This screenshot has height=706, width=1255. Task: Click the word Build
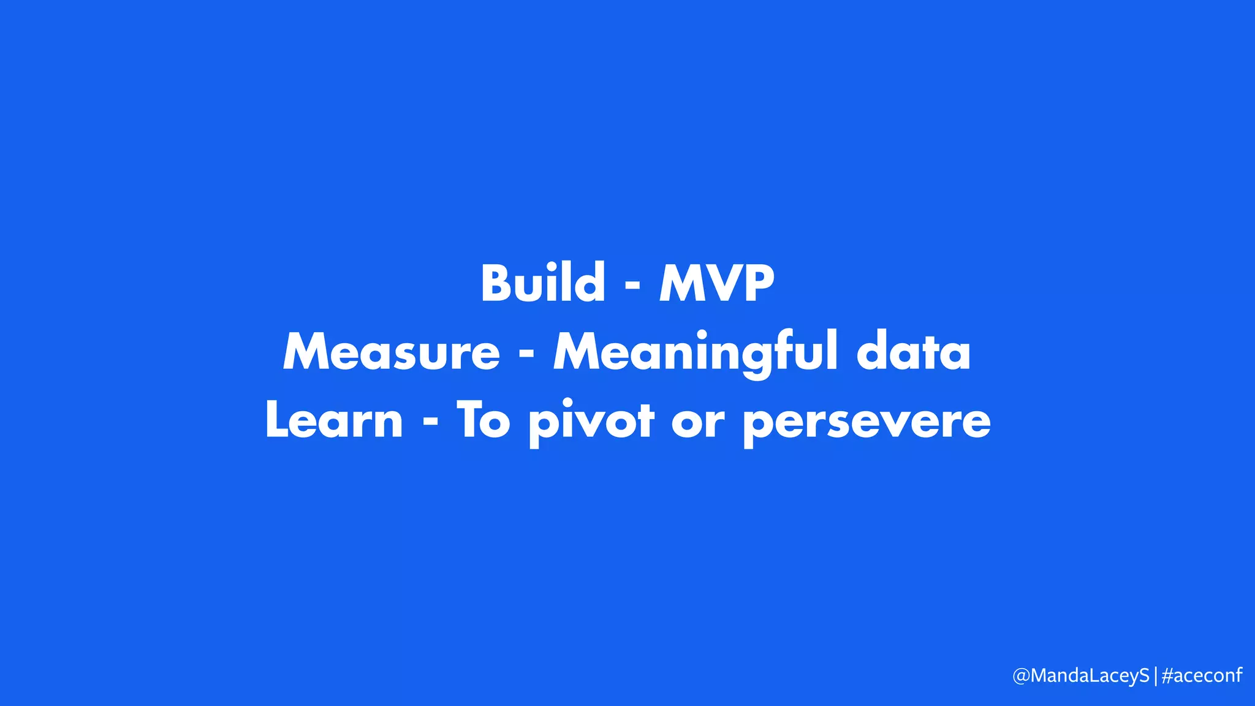(x=543, y=283)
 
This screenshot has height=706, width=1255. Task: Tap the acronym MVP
(x=716, y=284)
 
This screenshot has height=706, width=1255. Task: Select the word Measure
(x=391, y=352)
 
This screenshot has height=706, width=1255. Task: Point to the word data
(x=913, y=352)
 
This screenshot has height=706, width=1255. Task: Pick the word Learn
(x=334, y=421)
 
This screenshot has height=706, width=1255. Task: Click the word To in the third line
(x=483, y=421)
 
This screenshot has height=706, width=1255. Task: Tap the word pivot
(x=591, y=423)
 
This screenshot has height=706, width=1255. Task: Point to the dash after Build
(x=632, y=286)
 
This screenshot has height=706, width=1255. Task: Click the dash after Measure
(x=526, y=355)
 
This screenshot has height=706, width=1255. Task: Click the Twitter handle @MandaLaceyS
(x=1081, y=675)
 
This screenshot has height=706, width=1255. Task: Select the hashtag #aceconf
(x=1202, y=675)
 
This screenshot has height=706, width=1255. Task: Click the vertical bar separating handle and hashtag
(x=1156, y=676)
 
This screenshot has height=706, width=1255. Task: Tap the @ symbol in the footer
(x=1021, y=676)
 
